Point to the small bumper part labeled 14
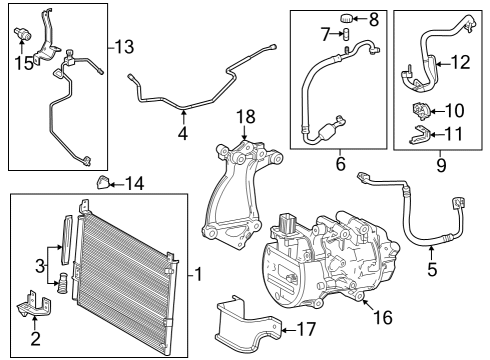[102, 182]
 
